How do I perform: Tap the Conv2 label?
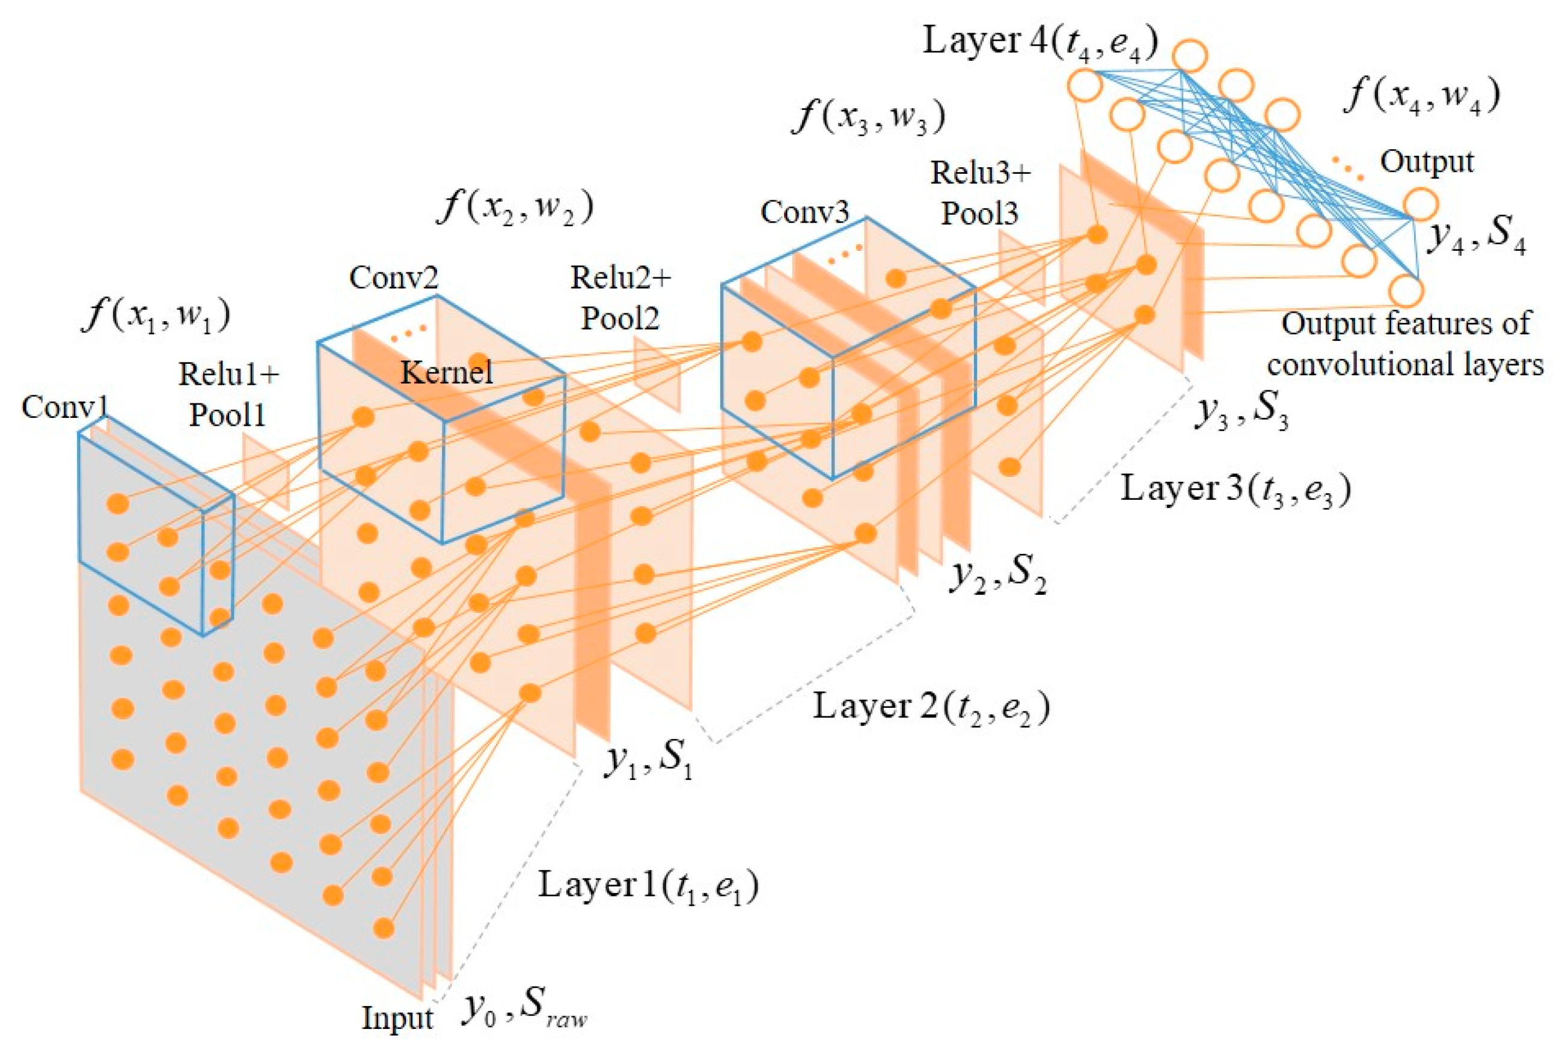point(393,277)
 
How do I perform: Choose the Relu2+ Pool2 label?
point(620,298)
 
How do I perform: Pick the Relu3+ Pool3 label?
point(980,194)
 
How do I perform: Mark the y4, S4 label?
point(1475,236)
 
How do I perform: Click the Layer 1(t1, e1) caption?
point(648,886)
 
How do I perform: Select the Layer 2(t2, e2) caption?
point(931,707)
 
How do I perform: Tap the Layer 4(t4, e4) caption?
point(1040,41)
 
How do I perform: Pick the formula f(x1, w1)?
point(156,315)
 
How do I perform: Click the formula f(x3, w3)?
point(870,116)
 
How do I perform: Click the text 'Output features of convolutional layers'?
point(1406,345)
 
